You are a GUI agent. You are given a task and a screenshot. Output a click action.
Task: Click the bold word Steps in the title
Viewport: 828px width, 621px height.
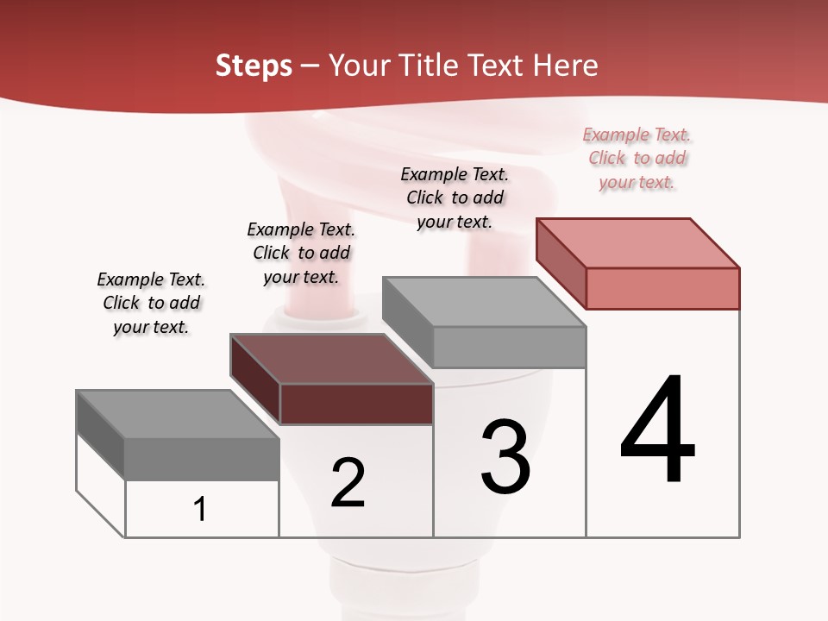pyautogui.click(x=254, y=66)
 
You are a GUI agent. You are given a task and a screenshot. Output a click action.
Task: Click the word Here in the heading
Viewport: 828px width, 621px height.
pyautogui.click(x=565, y=66)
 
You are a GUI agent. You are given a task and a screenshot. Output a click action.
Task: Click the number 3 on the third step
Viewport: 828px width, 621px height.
pyautogui.click(x=505, y=457)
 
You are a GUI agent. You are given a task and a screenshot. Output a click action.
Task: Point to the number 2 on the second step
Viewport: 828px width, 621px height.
pyautogui.click(x=348, y=483)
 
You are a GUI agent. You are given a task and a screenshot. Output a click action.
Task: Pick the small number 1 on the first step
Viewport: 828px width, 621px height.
pyautogui.click(x=200, y=509)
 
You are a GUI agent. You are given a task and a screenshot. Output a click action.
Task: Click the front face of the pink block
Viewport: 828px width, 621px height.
pyautogui.click(x=662, y=288)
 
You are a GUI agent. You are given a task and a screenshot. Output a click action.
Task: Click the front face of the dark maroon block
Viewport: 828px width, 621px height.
pyautogui.click(x=356, y=404)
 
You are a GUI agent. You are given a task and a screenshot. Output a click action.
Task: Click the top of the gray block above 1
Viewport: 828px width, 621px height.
pyautogui.click(x=178, y=414)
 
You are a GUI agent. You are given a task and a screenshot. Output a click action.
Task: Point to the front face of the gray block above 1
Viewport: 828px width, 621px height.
pyautogui.click(x=202, y=459)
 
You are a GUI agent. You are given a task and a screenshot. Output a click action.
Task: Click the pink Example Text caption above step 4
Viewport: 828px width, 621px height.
pyautogui.click(x=637, y=158)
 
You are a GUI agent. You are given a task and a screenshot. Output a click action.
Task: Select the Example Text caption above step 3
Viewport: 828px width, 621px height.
pyautogui.click(x=455, y=198)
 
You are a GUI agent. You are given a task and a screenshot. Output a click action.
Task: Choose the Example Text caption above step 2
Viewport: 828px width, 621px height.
pyautogui.click(x=301, y=253)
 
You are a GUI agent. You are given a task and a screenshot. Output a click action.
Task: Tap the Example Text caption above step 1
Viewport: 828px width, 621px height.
pyautogui.click(x=151, y=303)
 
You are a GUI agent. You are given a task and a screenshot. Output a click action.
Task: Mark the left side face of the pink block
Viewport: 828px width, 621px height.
pyautogui.click(x=561, y=262)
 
